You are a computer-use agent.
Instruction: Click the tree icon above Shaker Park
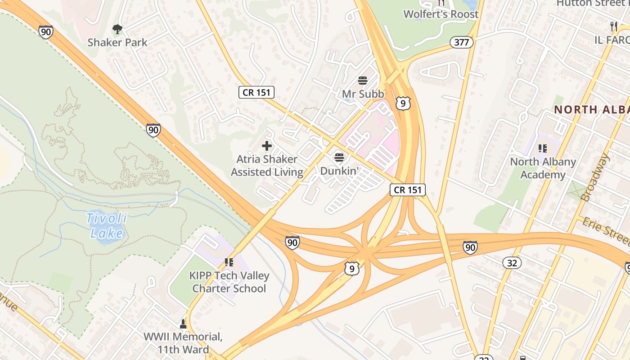(117, 30)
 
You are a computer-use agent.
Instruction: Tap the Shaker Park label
(117, 42)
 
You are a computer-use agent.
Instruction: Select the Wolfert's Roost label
(441, 14)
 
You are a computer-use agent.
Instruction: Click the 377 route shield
(462, 43)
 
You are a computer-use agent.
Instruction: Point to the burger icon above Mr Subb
(363, 81)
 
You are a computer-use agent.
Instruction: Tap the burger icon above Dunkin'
(339, 158)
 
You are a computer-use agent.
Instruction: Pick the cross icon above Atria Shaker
(267, 146)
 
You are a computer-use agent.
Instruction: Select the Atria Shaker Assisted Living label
(267, 166)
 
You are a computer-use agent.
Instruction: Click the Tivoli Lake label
(107, 226)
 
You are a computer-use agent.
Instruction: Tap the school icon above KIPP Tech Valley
(229, 262)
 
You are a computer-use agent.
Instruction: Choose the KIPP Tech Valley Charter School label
(229, 282)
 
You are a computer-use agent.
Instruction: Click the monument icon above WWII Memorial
(183, 324)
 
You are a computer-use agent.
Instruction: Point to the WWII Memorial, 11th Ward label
(183, 343)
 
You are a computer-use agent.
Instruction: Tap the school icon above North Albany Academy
(543, 148)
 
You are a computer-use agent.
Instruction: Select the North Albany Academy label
(543, 168)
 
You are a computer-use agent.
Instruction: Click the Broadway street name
(595, 177)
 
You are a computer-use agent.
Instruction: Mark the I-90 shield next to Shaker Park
(45, 32)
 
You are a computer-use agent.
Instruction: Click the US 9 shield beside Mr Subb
(403, 103)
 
